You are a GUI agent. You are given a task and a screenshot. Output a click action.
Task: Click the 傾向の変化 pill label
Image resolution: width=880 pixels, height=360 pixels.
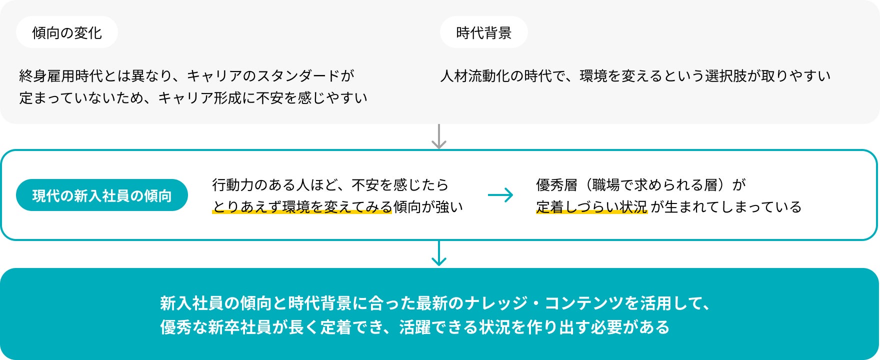67,33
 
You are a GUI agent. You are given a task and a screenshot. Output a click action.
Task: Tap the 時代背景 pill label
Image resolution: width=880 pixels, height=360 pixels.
483,33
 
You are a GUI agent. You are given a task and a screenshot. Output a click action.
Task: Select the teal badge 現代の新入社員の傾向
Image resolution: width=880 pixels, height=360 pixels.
102,195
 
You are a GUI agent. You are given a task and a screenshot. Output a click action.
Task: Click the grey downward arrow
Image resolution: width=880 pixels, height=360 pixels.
438,136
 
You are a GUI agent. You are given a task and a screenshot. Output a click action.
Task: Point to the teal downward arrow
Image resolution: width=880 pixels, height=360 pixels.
438,253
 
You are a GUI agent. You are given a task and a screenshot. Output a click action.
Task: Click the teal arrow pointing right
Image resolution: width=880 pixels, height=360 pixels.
500,195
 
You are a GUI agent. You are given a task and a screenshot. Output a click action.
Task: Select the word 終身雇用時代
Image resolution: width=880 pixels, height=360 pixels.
61,76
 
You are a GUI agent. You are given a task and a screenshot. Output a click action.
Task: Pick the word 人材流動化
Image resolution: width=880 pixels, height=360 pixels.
475,76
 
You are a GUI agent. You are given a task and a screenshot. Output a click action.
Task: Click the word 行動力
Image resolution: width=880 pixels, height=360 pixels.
233,185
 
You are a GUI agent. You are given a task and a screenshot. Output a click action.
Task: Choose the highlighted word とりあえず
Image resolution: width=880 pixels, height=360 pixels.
247,207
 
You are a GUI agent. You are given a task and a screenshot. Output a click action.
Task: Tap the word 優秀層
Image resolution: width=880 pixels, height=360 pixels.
556,185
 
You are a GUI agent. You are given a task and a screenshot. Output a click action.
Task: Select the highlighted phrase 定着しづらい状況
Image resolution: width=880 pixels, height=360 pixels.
591,207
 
